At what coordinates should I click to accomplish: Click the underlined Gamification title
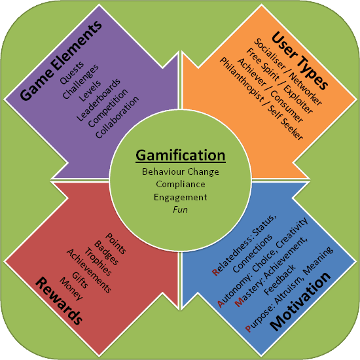coord(181,156)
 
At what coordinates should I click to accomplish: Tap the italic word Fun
coord(180,209)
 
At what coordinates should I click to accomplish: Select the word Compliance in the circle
coord(181,184)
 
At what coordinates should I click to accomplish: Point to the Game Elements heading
coord(61,60)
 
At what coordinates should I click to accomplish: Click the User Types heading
coord(300,61)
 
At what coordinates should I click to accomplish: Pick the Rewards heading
coord(59,301)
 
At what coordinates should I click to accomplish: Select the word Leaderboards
coord(98,100)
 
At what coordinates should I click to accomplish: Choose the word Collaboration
coord(117,117)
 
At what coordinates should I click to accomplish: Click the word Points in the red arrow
coord(116,243)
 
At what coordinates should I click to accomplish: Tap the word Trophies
coord(98,262)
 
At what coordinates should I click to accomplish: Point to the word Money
coord(71,289)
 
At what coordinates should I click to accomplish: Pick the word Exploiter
coord(298,99)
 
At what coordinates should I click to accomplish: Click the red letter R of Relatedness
coord(216,272)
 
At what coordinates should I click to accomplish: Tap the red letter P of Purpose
coord(249,329)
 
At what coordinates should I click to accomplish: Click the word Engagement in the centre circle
coord(181,198)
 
